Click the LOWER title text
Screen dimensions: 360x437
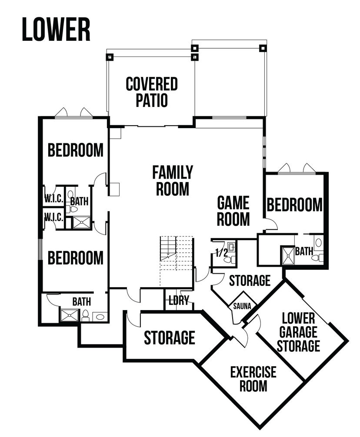(56, 30)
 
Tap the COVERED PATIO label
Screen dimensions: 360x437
(152, 92)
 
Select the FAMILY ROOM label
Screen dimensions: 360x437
(173, 180)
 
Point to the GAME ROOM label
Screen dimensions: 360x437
(233, 211)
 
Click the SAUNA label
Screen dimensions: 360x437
(242, 306)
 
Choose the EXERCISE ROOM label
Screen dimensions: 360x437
(253, 379)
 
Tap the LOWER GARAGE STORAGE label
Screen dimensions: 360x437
(298, 332)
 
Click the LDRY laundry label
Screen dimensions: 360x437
(179, 300)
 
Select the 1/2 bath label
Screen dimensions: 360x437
(221, 253)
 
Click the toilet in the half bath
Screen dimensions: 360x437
(230, 260)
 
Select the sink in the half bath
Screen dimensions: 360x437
(231, 247)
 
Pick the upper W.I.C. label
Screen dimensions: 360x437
(54, 199)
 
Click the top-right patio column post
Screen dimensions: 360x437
(263, 48)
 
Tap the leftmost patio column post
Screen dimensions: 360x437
(110, 57)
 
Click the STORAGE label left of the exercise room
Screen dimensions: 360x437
(169, 338)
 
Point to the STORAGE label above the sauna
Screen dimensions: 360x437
(250, 280)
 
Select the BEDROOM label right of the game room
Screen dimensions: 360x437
(295, 205)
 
